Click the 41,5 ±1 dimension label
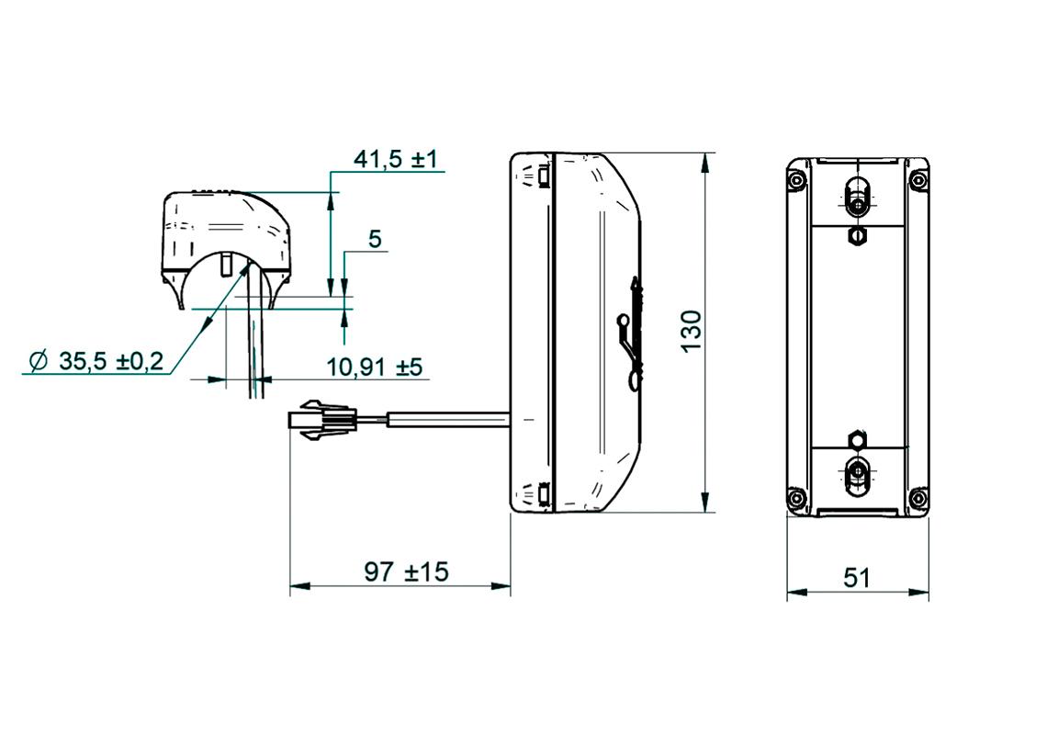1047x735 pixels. [x=396, y=159]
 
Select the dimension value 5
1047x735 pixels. [x=375, y=240]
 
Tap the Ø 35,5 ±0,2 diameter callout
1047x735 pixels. [x=96, y=361]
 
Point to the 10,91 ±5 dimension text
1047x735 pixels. [x=374, y=367]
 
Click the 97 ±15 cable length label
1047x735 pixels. [x=406, y=572]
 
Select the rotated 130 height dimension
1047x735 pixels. [x=691, y=331]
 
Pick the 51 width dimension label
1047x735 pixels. [x=856, y=578]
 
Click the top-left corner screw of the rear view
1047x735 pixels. [x=796, y=179]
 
